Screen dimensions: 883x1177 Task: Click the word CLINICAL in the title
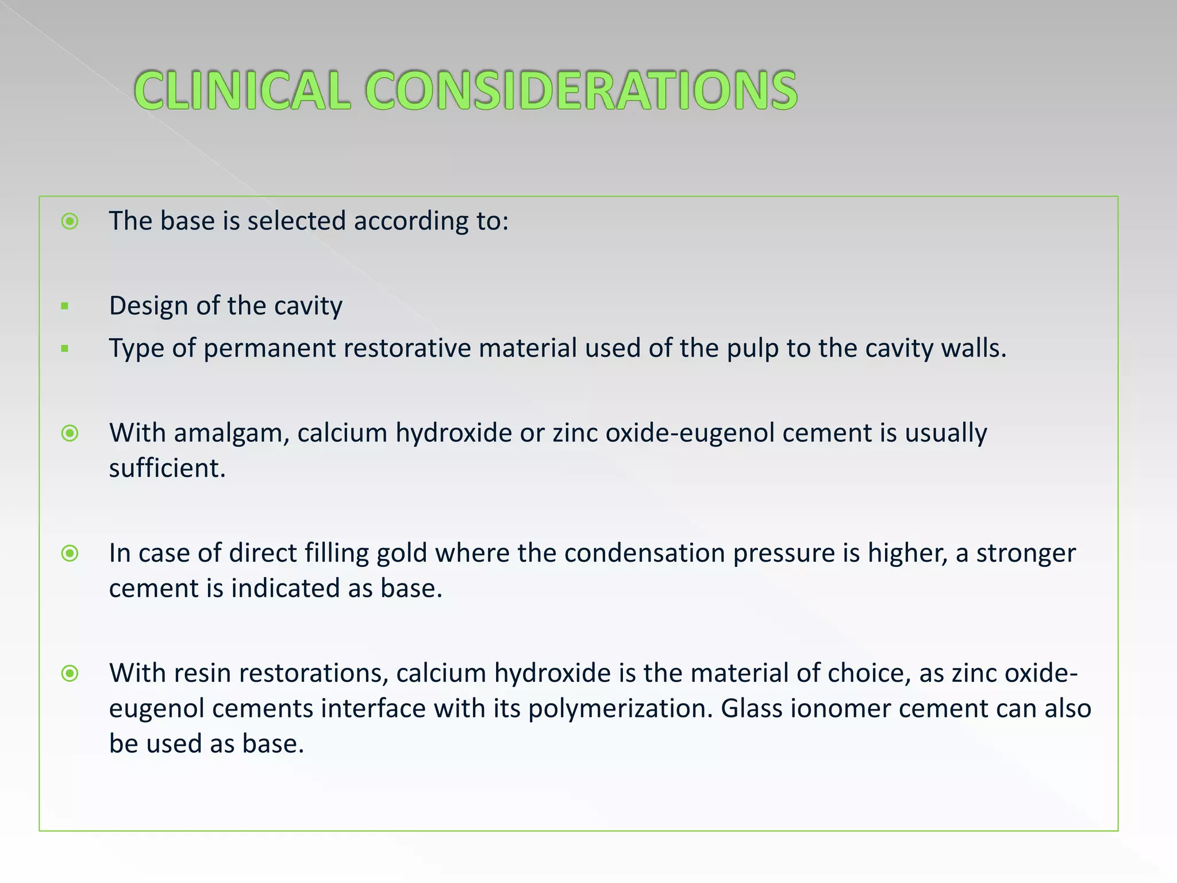click(242, 90)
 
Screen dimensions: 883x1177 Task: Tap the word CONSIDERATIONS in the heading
click(581, 90)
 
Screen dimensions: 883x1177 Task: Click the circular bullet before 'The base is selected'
click(70, 221)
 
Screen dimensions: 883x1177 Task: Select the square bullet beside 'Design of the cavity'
click(65, 306)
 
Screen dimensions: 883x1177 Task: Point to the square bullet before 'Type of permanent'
click(65, 348)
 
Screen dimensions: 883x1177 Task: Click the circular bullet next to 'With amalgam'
click(70, 433)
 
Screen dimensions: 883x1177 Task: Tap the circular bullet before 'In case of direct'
click(70, 554)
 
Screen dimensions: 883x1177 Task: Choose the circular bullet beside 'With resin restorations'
click(70, 673)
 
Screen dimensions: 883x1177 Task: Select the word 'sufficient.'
click(167, 469)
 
